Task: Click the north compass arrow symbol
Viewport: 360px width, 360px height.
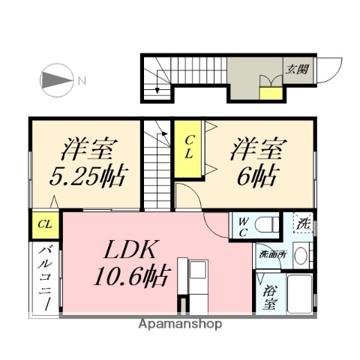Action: pos(57,80)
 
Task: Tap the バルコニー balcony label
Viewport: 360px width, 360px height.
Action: pos(44,277)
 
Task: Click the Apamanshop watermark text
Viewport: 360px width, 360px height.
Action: pos(180,325)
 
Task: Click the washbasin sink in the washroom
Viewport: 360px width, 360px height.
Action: pos(301,255)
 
